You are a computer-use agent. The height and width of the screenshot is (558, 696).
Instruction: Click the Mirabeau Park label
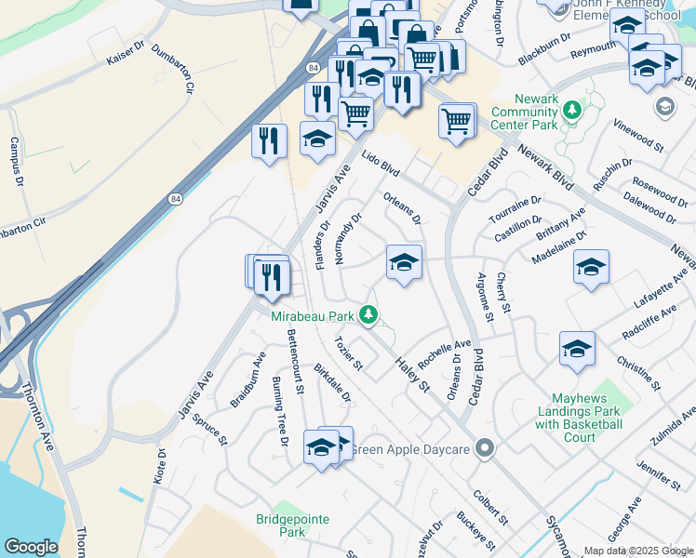314,316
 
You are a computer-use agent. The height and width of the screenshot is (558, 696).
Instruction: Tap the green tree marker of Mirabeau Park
369,315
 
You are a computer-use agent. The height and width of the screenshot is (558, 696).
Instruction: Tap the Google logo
32,546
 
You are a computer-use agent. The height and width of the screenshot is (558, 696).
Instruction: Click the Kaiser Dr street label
126,58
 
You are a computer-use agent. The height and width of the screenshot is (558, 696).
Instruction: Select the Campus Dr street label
15,159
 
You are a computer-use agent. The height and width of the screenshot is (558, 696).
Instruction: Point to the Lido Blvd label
380,166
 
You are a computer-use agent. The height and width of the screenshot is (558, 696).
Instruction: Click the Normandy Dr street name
347,238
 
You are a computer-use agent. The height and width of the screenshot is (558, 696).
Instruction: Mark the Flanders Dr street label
324,245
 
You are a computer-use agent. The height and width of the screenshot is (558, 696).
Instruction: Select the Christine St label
638,371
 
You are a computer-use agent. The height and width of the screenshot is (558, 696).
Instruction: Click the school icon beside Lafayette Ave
591,267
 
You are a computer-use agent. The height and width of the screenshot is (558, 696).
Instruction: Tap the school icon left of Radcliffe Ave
577,349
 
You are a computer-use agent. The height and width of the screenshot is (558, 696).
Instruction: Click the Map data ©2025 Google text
638,551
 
